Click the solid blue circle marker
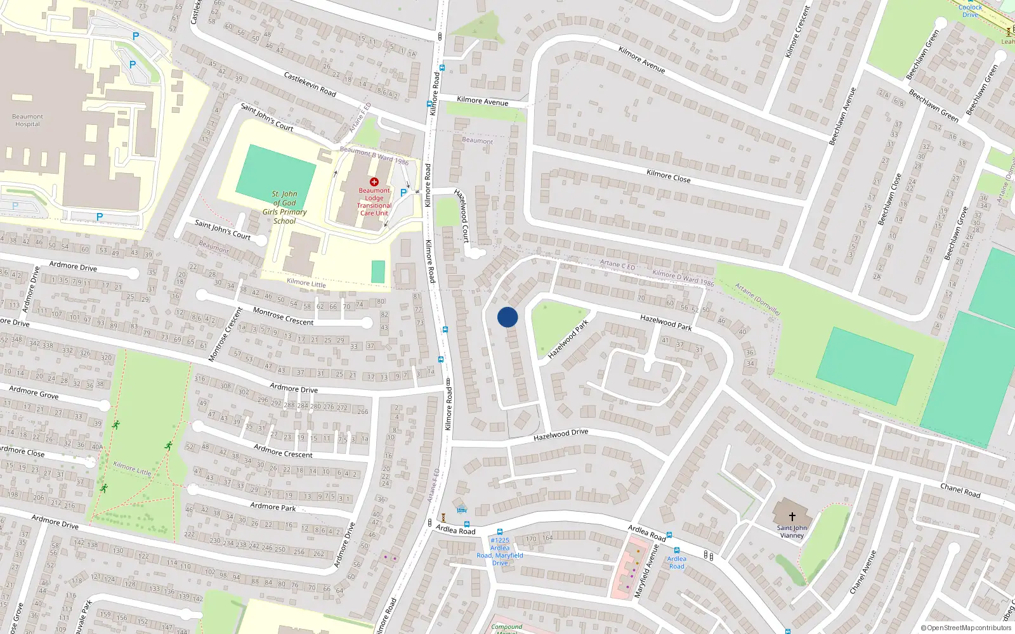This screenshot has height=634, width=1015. click(507, 317)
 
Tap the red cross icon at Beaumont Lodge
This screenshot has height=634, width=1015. click(374, 182)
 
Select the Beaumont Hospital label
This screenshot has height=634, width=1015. click(28, 120)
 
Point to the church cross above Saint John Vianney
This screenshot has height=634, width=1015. click(792, 517)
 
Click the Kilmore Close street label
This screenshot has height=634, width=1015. click(668, 176)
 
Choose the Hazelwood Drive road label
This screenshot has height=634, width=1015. click(561, 434)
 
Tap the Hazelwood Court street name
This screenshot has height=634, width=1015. click(462, 216)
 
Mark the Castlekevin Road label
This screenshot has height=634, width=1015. click(310, 84)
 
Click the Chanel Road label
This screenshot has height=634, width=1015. click(960, 490)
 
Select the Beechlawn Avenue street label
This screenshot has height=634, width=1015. click(842, 116)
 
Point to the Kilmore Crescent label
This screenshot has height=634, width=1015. click(797, 32)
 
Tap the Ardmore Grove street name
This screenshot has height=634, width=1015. click(34, 393)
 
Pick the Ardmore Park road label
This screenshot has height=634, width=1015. click(273, 507)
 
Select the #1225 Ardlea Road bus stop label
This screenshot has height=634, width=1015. click(500, 552)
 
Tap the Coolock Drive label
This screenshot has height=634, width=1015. click(970, 11)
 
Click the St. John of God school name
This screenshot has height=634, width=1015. click(284, 207)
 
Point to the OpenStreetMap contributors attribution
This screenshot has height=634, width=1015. click(966, 628)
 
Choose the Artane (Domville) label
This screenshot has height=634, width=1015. click(757, 299)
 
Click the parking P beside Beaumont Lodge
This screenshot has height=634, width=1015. click(403, 193)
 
